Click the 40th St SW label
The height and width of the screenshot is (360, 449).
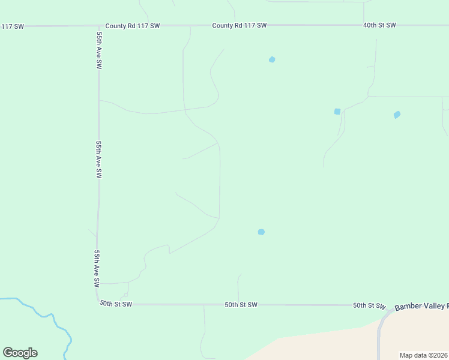point(379,25)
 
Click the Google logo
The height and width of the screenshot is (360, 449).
point(20,353)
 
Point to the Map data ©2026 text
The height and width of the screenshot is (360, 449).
point(424,355)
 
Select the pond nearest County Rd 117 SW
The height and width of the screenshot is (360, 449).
point(272,59)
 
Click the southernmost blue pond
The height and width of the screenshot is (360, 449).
point(261,232)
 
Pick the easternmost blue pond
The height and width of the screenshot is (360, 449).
point(397,115)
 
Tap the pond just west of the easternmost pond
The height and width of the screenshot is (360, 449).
point(337,112)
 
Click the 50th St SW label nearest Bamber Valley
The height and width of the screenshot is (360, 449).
point(369,305)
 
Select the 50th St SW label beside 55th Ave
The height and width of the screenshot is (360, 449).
point(115,304)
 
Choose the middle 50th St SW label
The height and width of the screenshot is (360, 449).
point(241,305)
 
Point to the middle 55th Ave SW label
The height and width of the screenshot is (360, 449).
point(98,160)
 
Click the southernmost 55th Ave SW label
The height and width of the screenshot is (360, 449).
point(95,268)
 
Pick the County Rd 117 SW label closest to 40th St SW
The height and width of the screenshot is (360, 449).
point(239,25)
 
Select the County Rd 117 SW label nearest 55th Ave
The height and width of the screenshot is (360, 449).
point(132,26)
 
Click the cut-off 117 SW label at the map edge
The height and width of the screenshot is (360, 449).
point(12,26)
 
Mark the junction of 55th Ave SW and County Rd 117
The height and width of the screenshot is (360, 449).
point(98,26)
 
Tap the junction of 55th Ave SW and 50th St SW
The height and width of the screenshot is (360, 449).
point(98,304)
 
